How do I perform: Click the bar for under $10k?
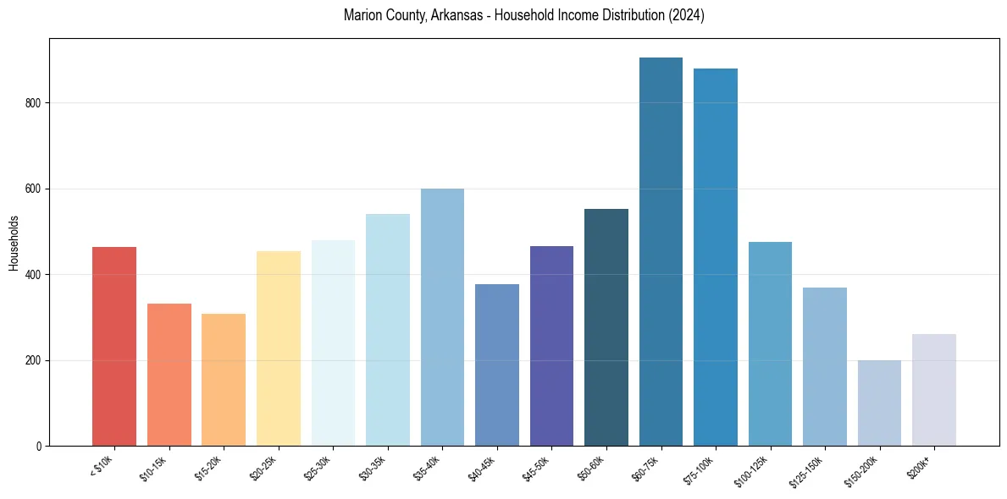pyautogui.click(x=114, y=347)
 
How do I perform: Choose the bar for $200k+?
pyautogui.click(x=934, y=390)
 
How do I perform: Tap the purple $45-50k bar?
pyautogui.click(x=551, y=346)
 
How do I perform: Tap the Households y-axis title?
pyautogui.click(x=14, y=243)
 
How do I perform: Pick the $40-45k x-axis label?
pyautogui.click(x=482, y=468)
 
